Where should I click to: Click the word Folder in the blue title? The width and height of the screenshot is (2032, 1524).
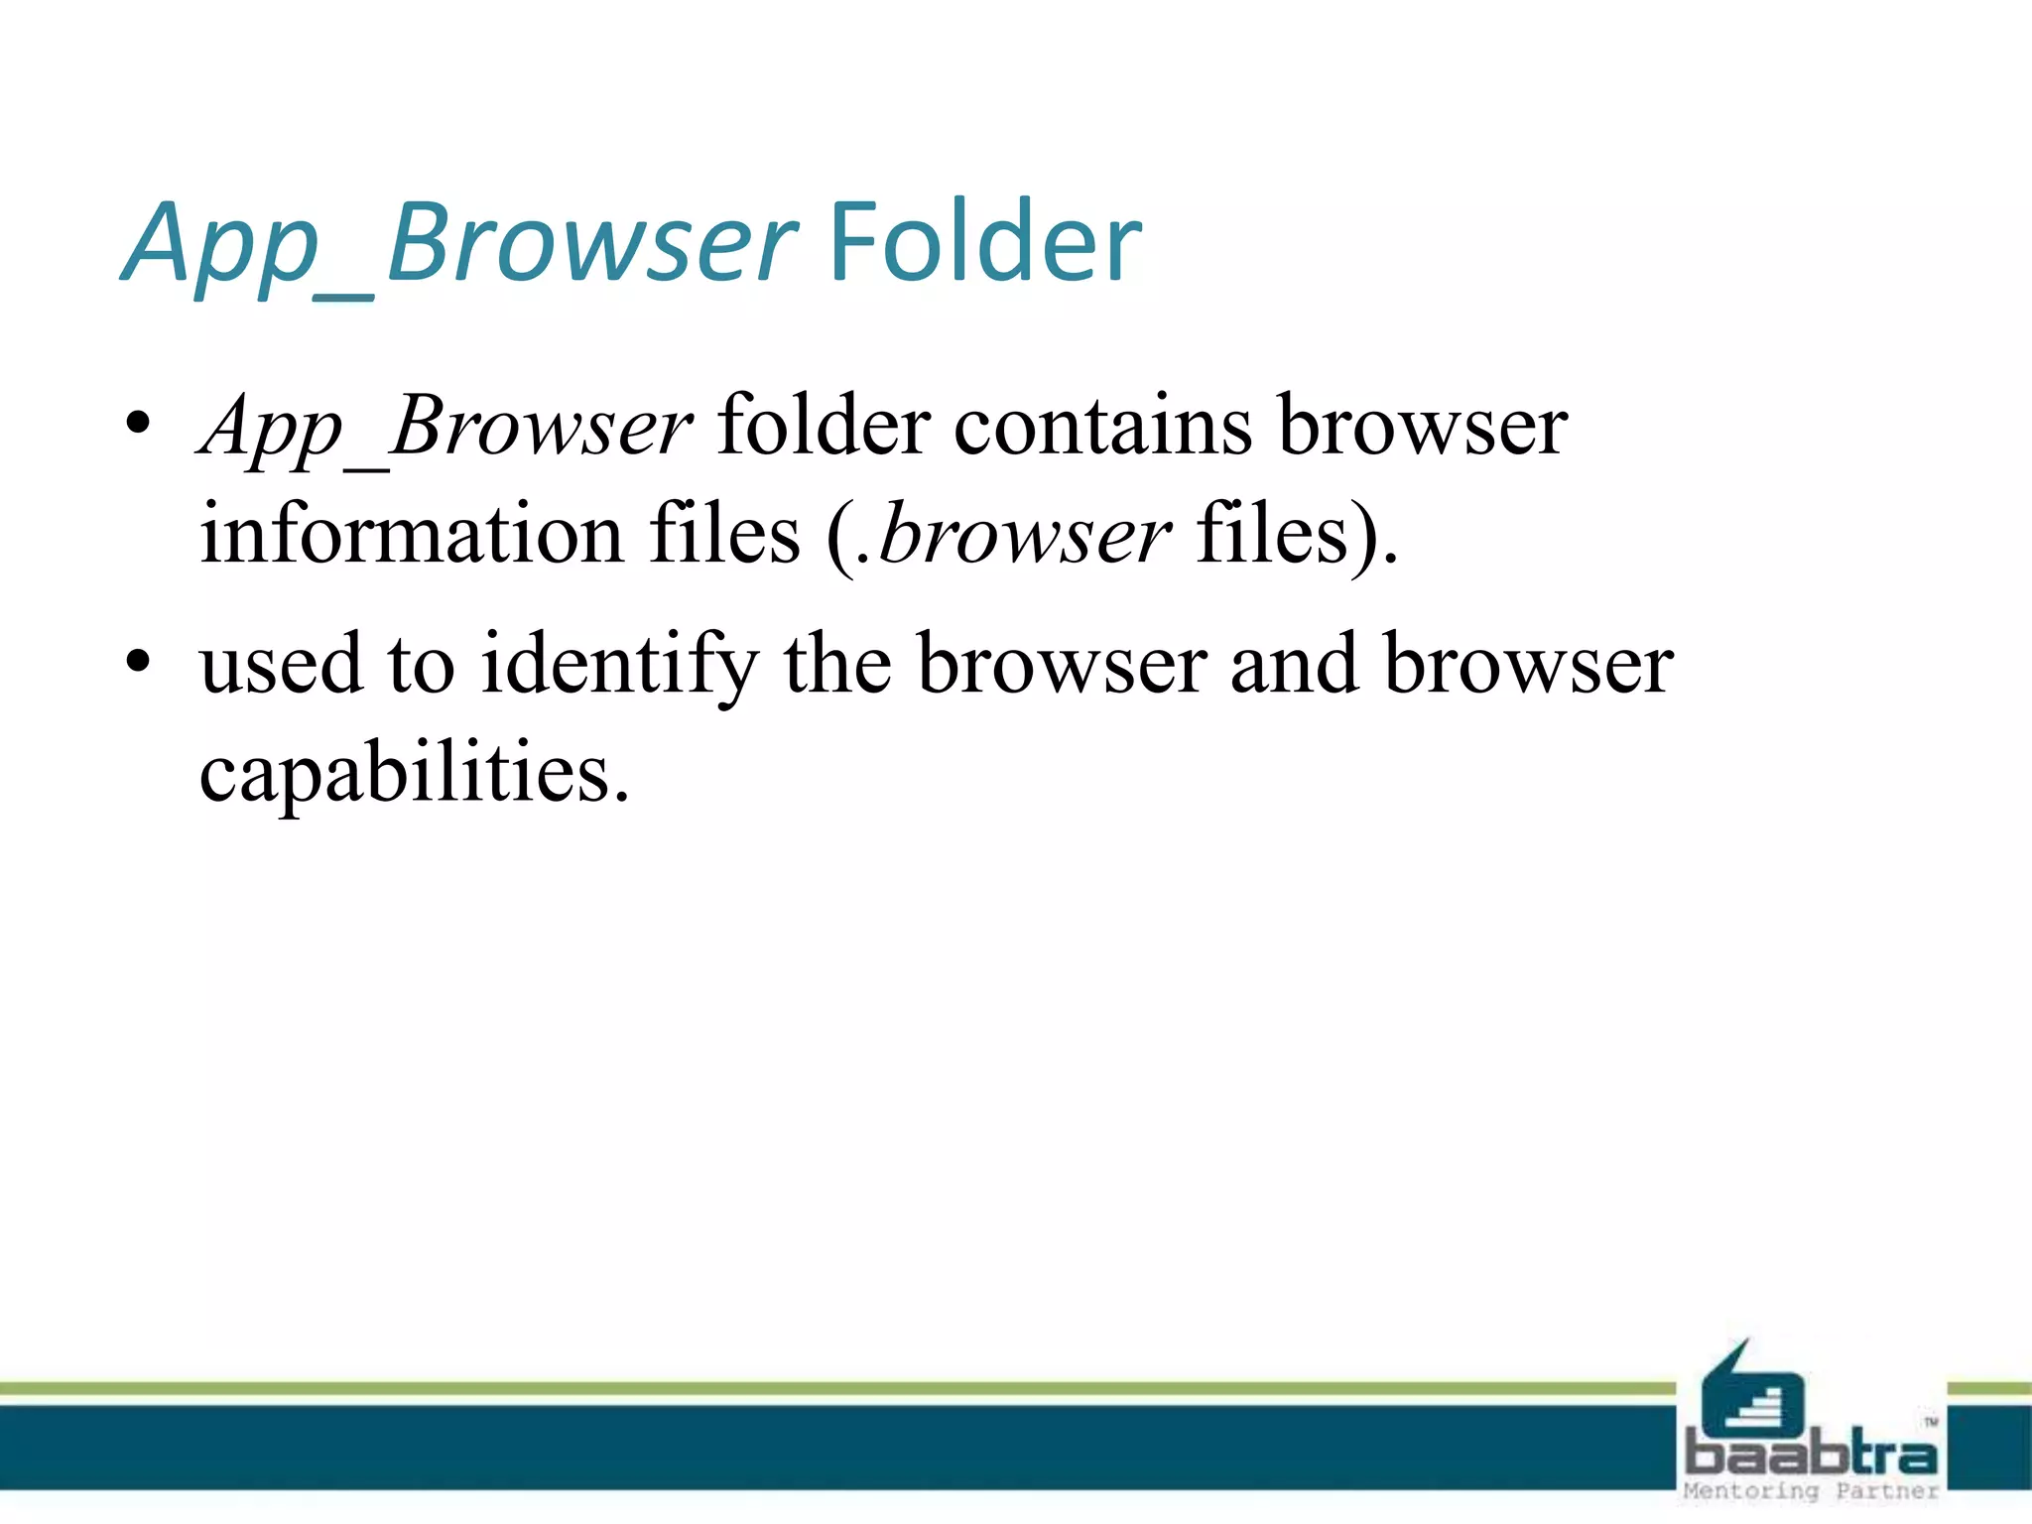coord(984,242)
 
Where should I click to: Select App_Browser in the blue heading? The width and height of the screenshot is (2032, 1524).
coord(460,244)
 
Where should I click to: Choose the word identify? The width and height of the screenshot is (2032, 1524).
coord(620,665)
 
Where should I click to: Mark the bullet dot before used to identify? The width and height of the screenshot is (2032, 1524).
coord(138,660)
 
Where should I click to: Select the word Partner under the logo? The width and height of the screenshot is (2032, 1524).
coord(1886,1491)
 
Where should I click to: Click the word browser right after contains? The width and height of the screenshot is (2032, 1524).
coord(1423,427)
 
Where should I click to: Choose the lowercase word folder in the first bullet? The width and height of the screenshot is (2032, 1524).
coord(823,427)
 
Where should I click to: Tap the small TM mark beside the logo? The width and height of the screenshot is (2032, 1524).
coord(1931,1422)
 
